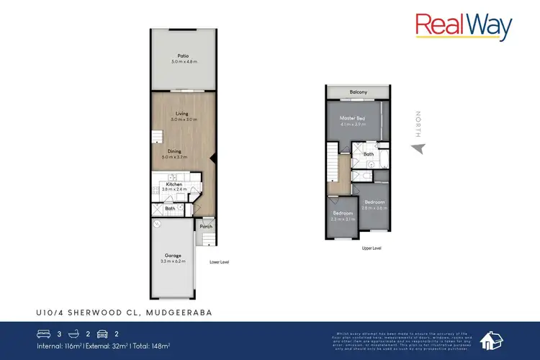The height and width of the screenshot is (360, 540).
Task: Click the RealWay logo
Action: pyautogui.click(x=464, y=27)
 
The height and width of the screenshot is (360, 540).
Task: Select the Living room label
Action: pyautogui.click(x=182, y=113)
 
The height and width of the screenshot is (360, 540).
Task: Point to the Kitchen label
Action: pyautogui.click(x=174, y=184)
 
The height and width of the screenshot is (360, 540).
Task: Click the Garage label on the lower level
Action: pyautogui.click(x=173, y=256)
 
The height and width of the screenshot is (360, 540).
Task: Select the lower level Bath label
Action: pyautogui.click(x=170, y=210)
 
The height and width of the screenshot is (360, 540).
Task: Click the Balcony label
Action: pyautogui.click(x=359, y=92)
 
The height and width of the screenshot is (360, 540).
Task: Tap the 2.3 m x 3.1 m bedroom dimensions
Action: pyautogui.click(x=342, y=217)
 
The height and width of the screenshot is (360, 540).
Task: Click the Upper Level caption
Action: pyautogui.click(x=372, y=248)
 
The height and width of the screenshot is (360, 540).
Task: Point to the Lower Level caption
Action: pyautogui.click(x=219, y=262)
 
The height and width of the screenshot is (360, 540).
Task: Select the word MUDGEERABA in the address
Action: pyautogui.click(x=179, y=311)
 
